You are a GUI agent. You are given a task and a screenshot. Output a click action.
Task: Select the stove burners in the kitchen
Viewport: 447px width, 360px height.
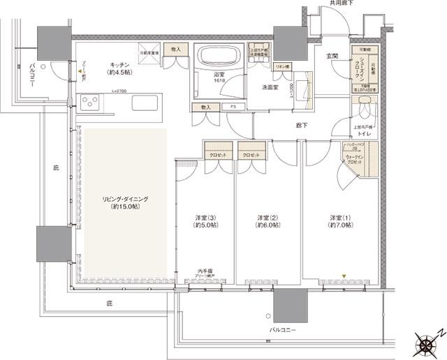click(x=91, y=104)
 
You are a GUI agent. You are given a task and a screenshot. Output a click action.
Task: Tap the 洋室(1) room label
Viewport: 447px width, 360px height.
click(x=342, y=221)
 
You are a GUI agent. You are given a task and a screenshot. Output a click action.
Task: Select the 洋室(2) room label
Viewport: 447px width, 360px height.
click(x=268, y=221)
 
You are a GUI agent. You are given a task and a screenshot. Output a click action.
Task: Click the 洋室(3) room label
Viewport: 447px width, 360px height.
click(x=205, y=221)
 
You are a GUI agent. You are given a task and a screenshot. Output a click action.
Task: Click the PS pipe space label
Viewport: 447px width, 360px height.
click(x=233, y=107)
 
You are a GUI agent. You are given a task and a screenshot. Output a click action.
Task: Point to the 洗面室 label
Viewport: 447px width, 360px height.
click(x=271, y=88)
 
